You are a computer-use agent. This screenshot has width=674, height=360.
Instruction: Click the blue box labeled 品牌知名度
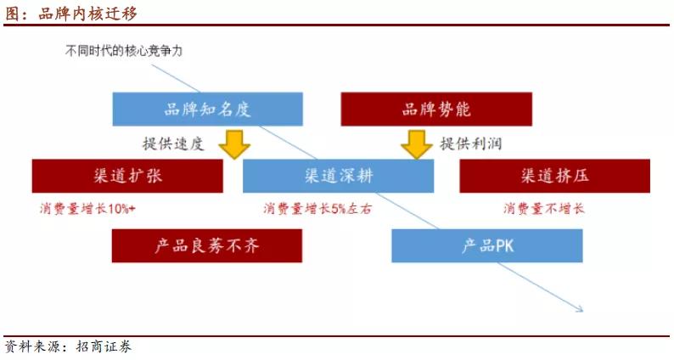(208, 110)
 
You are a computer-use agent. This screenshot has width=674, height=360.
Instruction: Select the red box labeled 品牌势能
(436, 110)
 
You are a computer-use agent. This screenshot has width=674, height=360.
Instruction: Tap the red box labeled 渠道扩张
(127, 176)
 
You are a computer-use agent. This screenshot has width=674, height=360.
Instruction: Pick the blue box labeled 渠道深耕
(339, 176)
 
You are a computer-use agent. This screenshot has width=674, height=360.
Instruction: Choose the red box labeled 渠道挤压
(555, 176)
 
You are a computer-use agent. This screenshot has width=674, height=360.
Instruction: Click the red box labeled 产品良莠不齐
(207, 245)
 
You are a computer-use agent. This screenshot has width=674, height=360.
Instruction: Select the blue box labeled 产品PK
(487, 245)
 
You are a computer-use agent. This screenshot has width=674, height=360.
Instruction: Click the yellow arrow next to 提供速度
(234, 144)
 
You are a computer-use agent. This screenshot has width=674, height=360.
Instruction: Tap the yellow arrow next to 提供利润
(417, 144)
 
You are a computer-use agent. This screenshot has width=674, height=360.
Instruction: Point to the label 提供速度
(173, 143)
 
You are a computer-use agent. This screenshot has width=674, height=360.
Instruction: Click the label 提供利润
(470, 143)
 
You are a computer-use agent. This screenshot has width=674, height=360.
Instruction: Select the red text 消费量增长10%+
(87, 209)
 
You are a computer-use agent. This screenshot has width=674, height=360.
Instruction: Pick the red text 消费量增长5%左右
(317, 209)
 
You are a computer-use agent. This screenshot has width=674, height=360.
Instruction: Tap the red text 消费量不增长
(544, 209)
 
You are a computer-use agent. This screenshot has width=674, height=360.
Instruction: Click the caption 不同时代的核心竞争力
(124, 51)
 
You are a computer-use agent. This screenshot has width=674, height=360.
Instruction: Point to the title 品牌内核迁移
(87, 14)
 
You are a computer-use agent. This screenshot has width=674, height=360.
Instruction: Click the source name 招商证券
(104, 346)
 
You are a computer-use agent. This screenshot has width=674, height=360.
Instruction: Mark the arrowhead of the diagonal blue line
(581, 309)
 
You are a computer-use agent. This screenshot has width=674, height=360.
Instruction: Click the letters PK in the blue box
(504, 246)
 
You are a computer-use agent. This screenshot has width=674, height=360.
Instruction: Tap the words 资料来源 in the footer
(32, 346)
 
